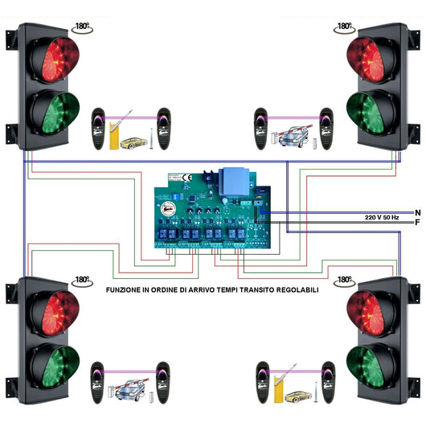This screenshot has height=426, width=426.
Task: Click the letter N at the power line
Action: (x=416, y=211)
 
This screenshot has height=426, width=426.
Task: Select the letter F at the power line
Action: (x=416, y=222)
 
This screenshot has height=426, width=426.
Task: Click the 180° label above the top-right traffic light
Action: (x=344, y=27)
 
